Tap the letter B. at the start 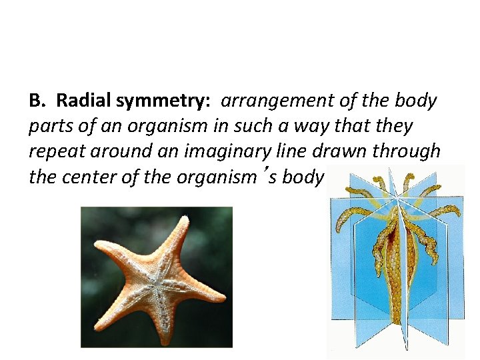39,101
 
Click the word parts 49,127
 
